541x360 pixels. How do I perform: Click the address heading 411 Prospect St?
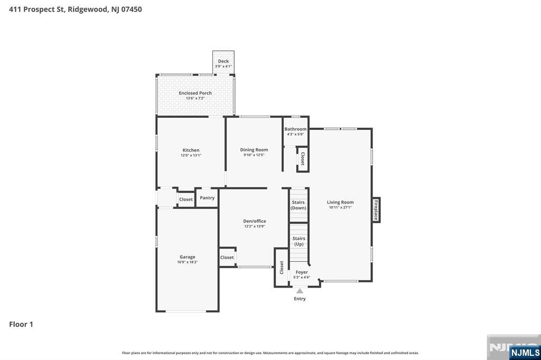[75, 9]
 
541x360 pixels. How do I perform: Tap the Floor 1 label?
[21, 324]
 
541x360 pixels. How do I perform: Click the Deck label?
[223, 61]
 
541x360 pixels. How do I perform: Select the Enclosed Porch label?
[195, 93]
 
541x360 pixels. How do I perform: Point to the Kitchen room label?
[191, 150]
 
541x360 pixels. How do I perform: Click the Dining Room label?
[254, 150]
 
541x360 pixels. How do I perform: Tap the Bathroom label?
[295, 129]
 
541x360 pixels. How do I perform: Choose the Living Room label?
[340, 202]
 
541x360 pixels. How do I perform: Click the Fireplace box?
[376, 210]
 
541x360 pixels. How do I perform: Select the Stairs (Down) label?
[299, 205]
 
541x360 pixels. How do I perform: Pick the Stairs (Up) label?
[299, 241]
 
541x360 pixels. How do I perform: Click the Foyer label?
[302, 272]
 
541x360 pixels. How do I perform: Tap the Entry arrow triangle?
[300, 290]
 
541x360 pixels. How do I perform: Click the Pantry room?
[207, 198]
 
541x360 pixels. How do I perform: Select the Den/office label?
[254, 221]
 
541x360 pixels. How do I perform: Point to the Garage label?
[188, 257]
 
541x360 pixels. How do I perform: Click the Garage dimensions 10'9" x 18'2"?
[188, 262]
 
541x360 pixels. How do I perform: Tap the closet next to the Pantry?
[186, 200]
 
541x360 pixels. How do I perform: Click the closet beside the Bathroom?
[303, 159]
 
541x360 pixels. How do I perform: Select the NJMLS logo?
[525, 352]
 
